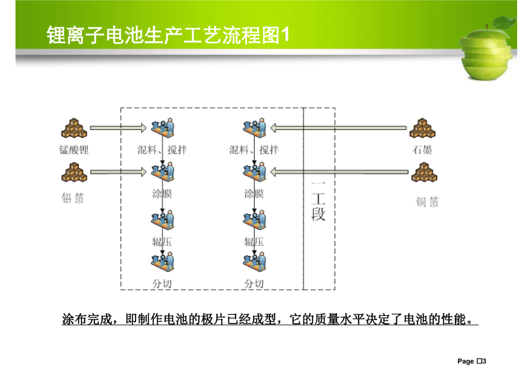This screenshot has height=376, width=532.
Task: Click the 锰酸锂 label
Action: pos(73,150)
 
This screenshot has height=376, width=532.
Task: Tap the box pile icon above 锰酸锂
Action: pos(74,128)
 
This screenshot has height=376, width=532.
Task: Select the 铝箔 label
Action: pos(72,198)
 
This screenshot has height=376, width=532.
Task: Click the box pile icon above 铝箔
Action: pos(74,172)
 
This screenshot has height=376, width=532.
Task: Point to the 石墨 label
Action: pos(422,150)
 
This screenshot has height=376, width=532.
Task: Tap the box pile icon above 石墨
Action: pos(423,128)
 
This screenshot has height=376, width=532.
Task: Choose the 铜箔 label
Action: pos(428,202)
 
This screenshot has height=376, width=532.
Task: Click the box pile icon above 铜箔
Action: pos(424,172)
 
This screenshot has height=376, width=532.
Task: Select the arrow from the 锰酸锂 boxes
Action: pos(118,128)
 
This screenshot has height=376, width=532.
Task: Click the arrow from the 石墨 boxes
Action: pos(338,128)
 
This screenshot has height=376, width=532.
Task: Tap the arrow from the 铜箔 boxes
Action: pos(339,172)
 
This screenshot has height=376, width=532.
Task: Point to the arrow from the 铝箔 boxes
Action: pos(118,172)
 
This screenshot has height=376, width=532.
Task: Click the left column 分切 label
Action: pos(162,283)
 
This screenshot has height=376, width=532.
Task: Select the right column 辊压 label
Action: pos(254,242)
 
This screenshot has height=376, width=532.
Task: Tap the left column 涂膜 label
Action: pos(162,193)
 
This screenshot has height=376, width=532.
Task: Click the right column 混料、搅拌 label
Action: pos(254,150)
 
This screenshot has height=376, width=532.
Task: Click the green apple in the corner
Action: pos(487,49)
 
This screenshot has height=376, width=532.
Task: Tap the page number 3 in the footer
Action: pos(484,361)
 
